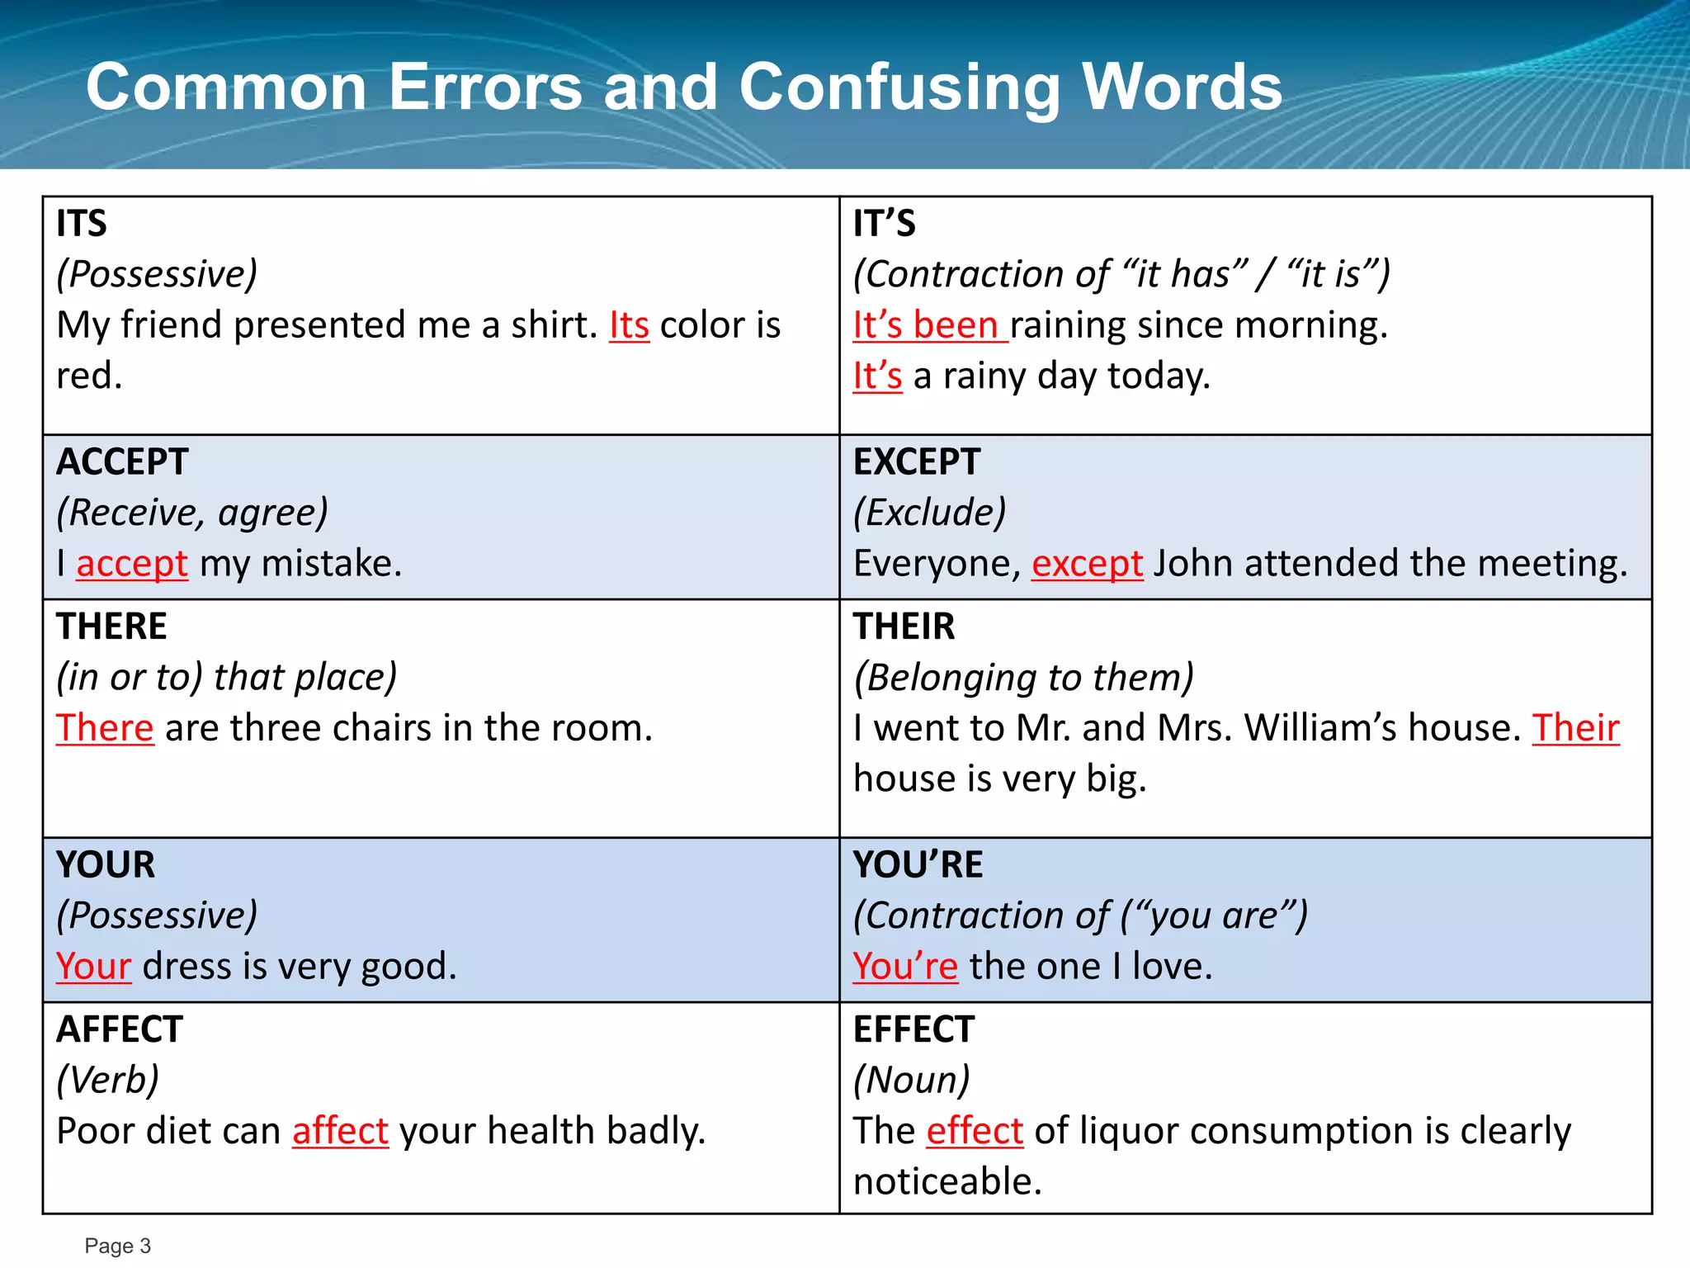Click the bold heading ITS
point(82,224)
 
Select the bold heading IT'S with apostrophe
point(884,224)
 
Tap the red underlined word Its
point(629,325)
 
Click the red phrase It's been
point(928,325)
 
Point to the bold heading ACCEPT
point(122,461)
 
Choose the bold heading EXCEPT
point(916,461)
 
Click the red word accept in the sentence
point(132,564)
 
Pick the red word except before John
point(1087,564)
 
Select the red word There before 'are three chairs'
point(105,728)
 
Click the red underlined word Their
point(1575,728)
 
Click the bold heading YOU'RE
point(918,865)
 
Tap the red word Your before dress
point(93,967)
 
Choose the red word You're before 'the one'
point(904,967)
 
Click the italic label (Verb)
point(107,1080)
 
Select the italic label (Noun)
point(911,1080)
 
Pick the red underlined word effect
point(975,1131)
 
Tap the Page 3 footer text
point(117,1246)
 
